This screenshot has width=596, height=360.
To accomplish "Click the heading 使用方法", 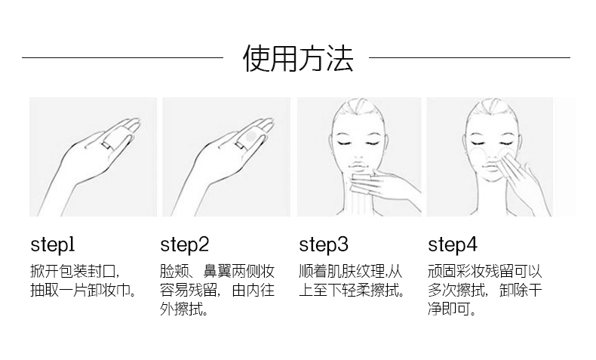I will (x=297, y=58).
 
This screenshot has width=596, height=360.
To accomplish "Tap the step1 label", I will (x=53, y=245).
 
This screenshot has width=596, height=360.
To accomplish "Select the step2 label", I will (x=184, y=245).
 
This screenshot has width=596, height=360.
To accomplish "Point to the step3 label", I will (x=324, y=245).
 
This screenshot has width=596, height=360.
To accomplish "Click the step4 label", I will (x=453, y=245).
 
